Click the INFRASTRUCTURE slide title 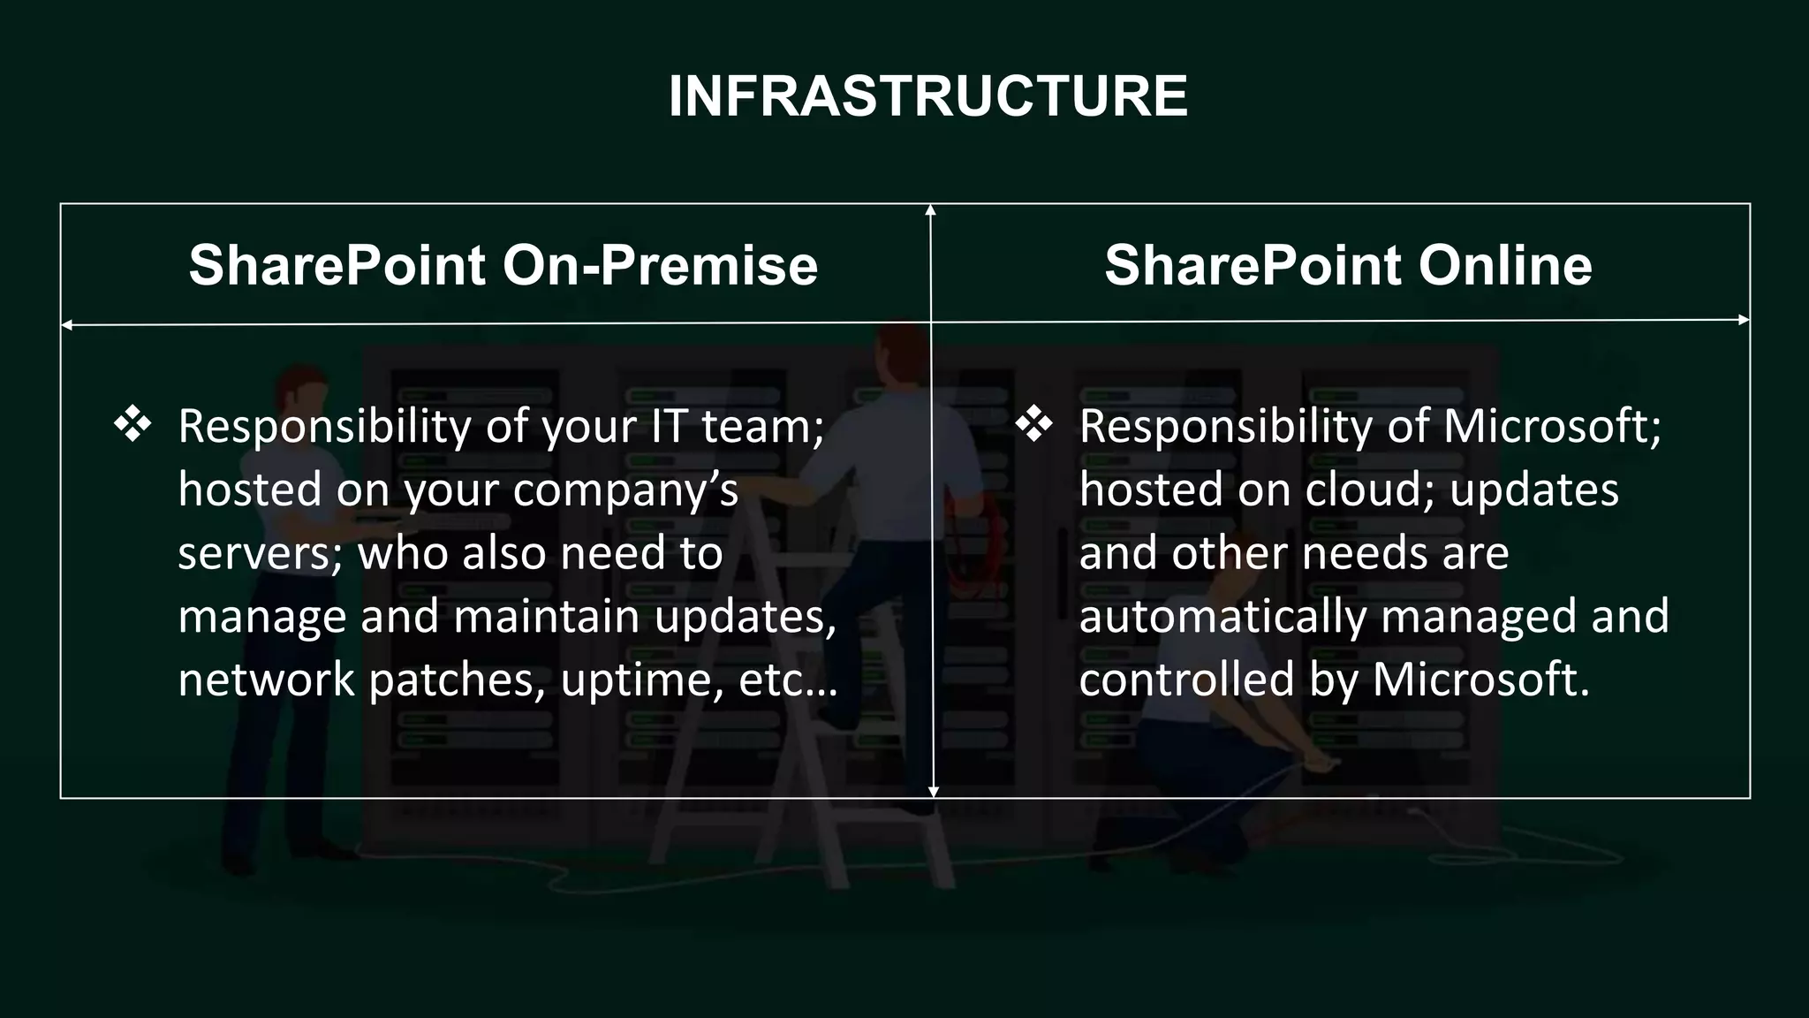coord(927,95)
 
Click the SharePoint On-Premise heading coord(503,265)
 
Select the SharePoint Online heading coord(1348,265)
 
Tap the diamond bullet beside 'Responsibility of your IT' coord(132,425)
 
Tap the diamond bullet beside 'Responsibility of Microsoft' coord(1033,425)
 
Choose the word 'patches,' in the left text coord(457,680)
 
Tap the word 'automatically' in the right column coord(1222,617)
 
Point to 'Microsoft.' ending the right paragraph coord(1481,680)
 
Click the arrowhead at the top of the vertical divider coord(930,209)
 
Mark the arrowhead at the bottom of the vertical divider coord(934,792)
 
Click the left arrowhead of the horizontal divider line coord(66,325)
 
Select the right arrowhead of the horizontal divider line coord(1744,320)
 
